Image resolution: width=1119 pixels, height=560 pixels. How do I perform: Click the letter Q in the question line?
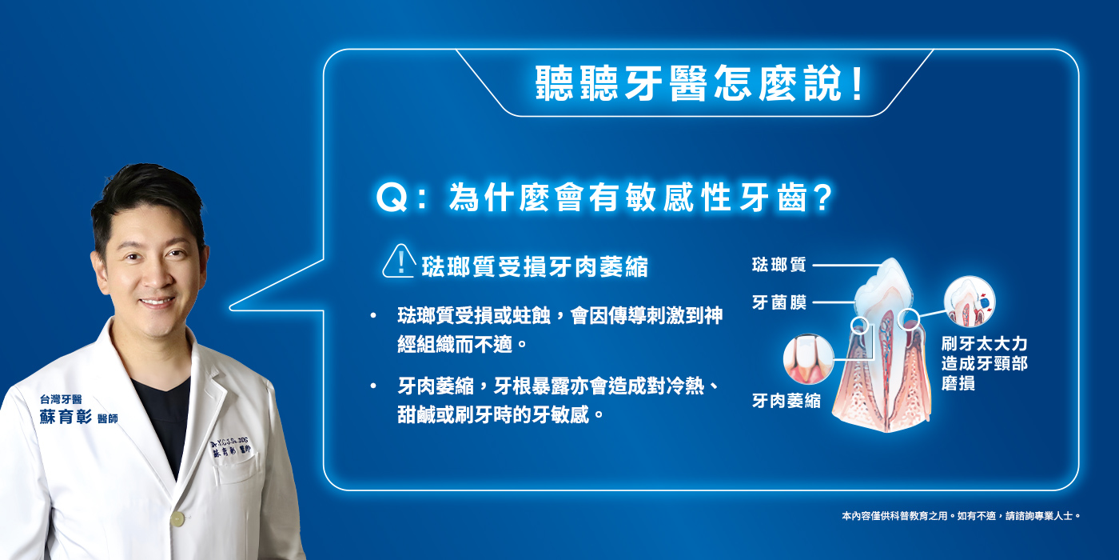[392, 199]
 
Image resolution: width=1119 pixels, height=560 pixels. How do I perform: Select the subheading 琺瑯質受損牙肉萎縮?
[534, 266]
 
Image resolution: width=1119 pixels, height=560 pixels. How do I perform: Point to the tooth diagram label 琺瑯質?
[779, 265]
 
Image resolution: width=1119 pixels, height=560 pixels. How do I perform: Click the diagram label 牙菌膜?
[779, 302]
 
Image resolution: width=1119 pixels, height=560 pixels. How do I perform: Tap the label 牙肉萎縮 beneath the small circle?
[786, 401]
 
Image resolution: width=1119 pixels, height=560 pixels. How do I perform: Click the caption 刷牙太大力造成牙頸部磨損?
[984, 364]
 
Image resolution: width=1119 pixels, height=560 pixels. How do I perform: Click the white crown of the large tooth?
[883, 284]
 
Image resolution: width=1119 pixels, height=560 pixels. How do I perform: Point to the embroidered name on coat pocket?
[235, 448]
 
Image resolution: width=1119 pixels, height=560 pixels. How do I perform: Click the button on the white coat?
[177, 519]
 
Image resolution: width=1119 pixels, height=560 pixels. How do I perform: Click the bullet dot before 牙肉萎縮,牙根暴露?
[372, 386]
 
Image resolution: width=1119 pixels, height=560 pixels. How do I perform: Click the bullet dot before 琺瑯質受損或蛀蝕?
[372, 316]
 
